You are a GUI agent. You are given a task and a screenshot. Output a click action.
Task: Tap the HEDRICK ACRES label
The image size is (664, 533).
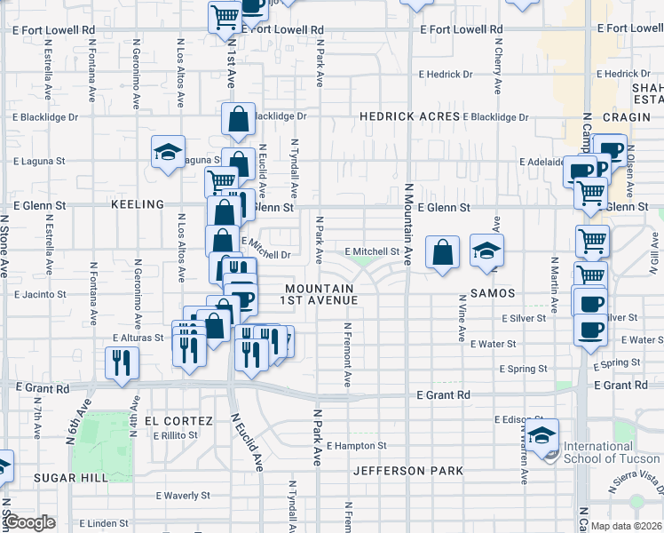pyautogui.click(x=409, y=116)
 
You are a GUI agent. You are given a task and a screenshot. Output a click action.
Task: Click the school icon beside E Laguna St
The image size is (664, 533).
pyautogui.click(x=167, y=153)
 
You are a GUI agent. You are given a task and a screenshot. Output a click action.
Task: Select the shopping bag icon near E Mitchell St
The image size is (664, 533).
pyautogui.click(x=442, y=253)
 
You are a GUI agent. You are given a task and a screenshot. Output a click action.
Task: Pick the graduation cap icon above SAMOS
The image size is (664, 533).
pyautogui.click(x=486, y=252)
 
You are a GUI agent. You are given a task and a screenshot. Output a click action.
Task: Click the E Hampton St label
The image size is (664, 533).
pyautogui.click(x=357, y=446)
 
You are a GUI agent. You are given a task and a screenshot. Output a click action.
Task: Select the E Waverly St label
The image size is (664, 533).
pyautogui.click(x=182, y=496)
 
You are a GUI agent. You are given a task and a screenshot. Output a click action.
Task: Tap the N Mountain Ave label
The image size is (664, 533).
pyautogui.click(x=409, y=226)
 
